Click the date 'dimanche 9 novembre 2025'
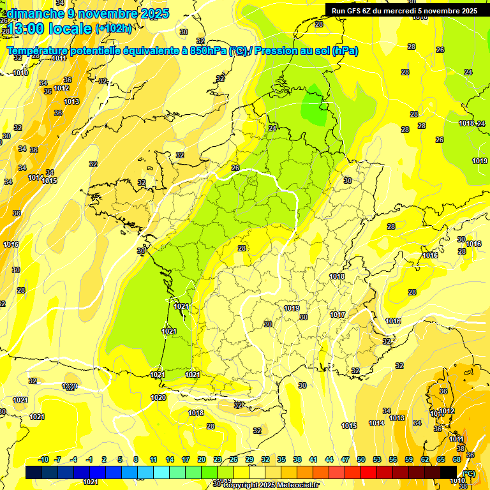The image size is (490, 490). coord(88,13)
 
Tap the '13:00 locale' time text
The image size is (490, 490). coord(50,28)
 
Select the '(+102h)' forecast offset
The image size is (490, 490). coord(114,29)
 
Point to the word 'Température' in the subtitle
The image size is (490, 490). coord(38,51)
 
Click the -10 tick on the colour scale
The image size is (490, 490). coord(43,460)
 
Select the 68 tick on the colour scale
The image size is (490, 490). coord(457,460)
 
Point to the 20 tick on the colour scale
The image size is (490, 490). coord(201,460)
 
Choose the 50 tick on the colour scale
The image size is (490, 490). coord(361,460)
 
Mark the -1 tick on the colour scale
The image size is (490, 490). coord(89,460)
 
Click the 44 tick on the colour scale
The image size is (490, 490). coord(329,460)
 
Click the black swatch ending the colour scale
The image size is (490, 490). coord(449,472)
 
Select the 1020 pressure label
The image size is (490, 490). coord(158,398)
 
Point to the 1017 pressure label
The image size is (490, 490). coord(338,315)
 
